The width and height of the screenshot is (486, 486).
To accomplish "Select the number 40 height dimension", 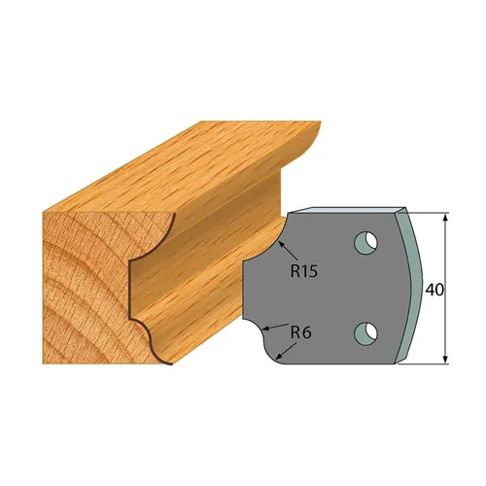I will coord(436,289).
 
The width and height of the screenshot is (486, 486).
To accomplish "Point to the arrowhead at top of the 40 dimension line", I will coord(445,217).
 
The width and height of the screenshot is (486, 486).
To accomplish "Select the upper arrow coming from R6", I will coord(280,329).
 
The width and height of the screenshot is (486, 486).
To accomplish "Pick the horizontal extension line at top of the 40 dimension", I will coord(428,211).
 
